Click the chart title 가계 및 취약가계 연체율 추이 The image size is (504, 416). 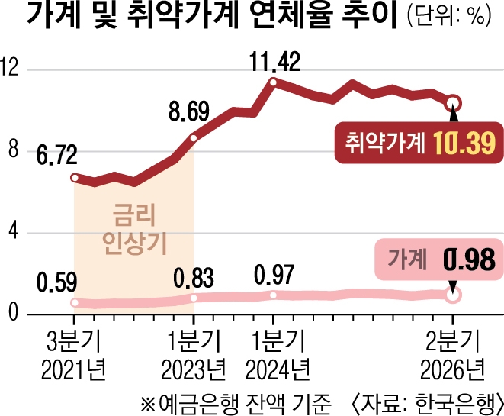click(211, 15)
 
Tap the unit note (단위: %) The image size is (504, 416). click(449, 15)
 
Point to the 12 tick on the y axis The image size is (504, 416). click(9, 67)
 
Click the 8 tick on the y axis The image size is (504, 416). click(14, 149)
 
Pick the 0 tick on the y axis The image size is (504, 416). click(13, 312)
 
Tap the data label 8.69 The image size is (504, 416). click(189, 111)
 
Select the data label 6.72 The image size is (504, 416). click(57, 154)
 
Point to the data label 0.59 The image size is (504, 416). click(57, 282)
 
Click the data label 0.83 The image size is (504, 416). click(194, 278)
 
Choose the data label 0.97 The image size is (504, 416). click(274, 275)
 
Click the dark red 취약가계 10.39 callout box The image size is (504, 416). click(419, 143)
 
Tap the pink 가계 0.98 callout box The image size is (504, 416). click(439, 260)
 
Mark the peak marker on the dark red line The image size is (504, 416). click(273, 82)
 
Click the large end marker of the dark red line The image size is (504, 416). click(453, 103)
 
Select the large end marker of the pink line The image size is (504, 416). click(453, 295)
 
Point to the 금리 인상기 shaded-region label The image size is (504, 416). click(134, 229)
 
